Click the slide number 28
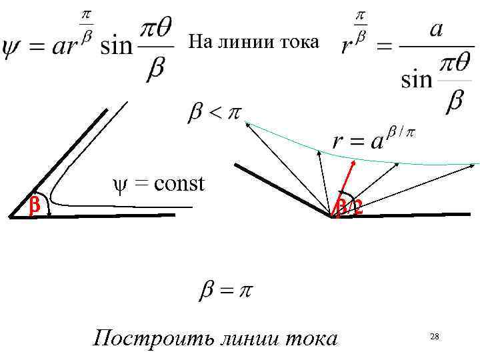(x=434, y=337)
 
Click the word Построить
(x=139, y=338)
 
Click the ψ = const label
(x=157, y=183)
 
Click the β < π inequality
(x=213, y=113)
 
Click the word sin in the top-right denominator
(x=417, y=80)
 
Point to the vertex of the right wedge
(x=331, y=216)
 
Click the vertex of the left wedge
(x=11, y=217)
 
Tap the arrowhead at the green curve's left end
(x=247, y=123)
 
